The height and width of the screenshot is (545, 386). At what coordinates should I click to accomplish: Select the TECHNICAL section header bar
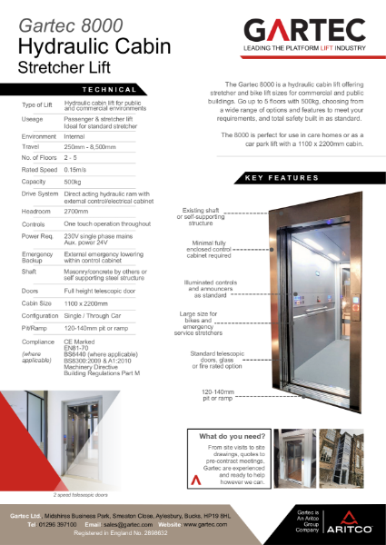click(109, 90)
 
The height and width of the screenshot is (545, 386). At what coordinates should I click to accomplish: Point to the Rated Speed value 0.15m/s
click(78, 168)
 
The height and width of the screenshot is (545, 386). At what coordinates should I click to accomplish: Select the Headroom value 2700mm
click(79, 211)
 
